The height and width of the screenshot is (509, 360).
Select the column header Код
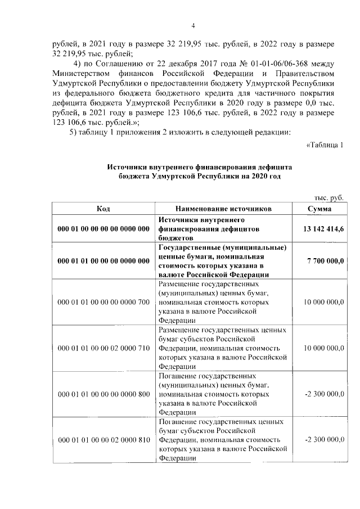click(x=103, y=209)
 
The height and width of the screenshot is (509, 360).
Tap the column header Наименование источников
click(x=223, y=209)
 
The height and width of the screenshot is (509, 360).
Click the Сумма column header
click(x=319, y=209)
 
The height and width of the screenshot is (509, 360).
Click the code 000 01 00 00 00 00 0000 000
click(x=103, y=229)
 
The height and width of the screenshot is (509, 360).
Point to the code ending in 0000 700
click(x=103, y=302)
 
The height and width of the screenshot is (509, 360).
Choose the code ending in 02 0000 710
click(x=103, y=348)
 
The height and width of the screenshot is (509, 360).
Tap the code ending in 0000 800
click(x=103, y=394)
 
